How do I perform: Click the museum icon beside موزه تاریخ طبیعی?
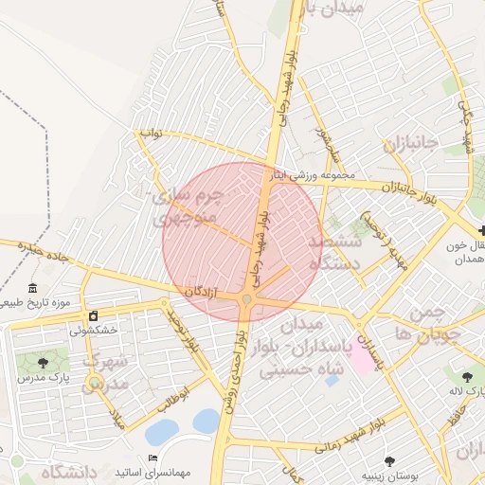(33, 288)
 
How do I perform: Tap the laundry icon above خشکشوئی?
(93, 315)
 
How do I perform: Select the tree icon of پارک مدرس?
(42, 362)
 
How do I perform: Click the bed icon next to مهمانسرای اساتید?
(153, 458)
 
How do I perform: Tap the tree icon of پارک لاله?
(468, 375)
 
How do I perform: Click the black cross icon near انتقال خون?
(482, 229)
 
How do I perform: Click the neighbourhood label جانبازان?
(410, 144)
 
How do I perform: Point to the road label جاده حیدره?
(35, 251)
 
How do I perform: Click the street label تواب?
(153, 135)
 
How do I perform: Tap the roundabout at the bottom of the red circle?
(246, 300)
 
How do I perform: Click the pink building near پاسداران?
(362, 350)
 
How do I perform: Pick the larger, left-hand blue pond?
(162, 432)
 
